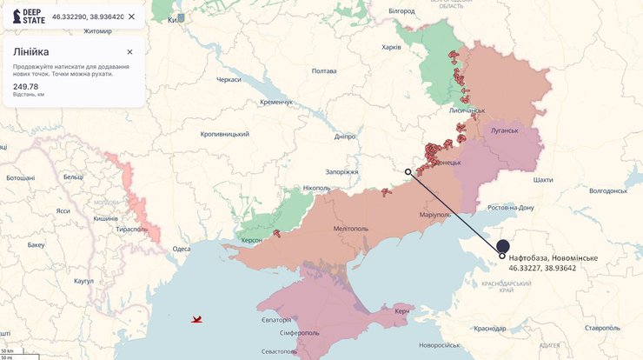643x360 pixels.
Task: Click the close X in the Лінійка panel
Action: point(129,52)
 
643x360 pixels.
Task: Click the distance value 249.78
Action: point(25,86)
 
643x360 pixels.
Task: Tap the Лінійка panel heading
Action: point(30,52)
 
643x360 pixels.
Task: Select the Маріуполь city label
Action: point(434,215)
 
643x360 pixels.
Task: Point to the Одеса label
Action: point(181,249)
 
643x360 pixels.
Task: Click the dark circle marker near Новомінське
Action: point(503,246)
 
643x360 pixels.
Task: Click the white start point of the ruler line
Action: point(408,172)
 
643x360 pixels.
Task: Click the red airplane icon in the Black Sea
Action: point(197,319)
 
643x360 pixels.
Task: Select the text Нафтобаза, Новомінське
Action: point(553,257)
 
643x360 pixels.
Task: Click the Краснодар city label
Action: point(490,328)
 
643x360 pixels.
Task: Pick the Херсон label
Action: point(251,240)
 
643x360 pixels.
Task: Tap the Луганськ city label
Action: point(504,131)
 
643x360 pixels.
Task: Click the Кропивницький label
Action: point(224,134)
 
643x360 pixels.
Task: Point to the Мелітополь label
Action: point(351,229)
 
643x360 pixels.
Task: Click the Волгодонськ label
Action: point(607,190)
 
